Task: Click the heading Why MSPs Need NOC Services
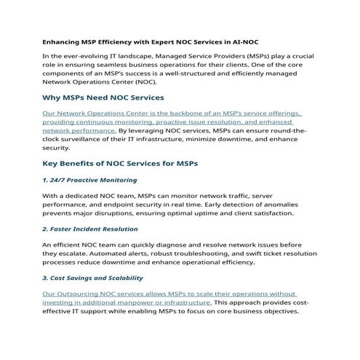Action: coord(103,97)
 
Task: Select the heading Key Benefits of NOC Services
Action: coord(120,163)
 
